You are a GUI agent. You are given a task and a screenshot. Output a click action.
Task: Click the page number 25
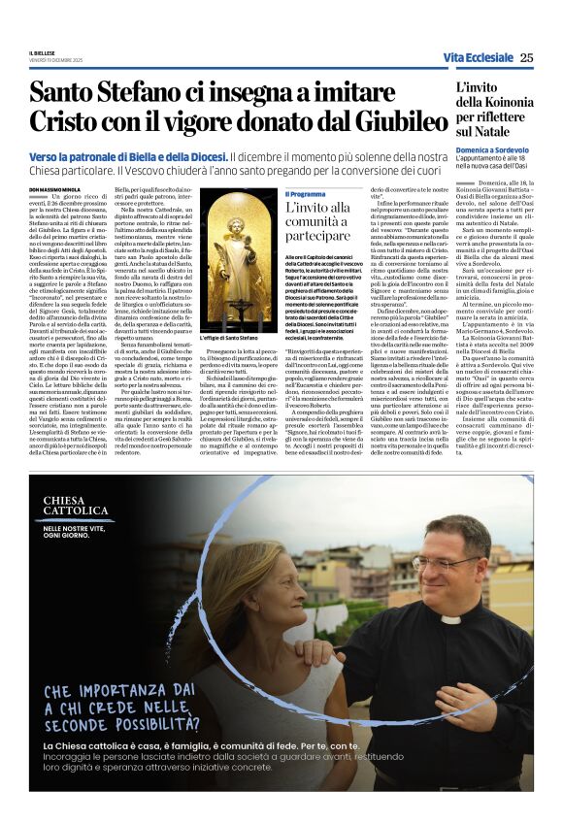click(x=526, y=57)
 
